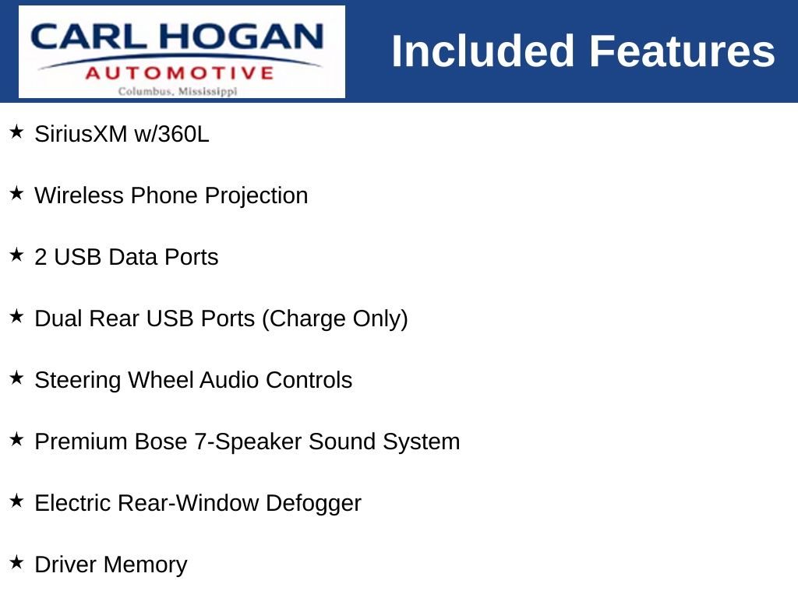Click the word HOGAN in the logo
(x=241, y=37)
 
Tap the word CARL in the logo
(x=88, y=37)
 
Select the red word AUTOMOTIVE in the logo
(x=180, y=73)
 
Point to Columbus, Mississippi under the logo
(x=178, y=92)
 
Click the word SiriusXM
(x=81, y=134)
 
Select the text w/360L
(x=171, y=134)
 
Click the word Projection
(x=256, y=196)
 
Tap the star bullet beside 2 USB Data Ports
(x=16, y=255)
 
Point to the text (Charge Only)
(x=335, y=319)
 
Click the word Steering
(x=78, y=381)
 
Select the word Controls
(x=309, y=380)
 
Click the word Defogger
(x=313, y=504)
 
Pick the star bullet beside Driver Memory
(x=16, y=562)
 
